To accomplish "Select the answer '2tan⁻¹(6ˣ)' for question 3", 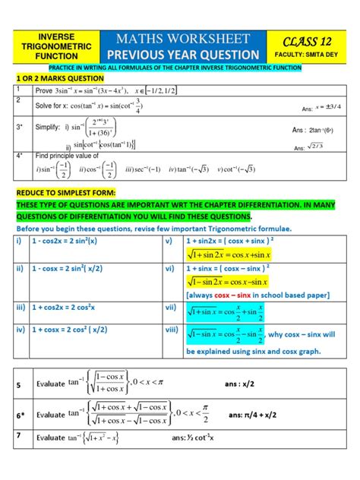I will coord(314,130).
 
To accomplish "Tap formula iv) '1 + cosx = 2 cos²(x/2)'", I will coord(86,331).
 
